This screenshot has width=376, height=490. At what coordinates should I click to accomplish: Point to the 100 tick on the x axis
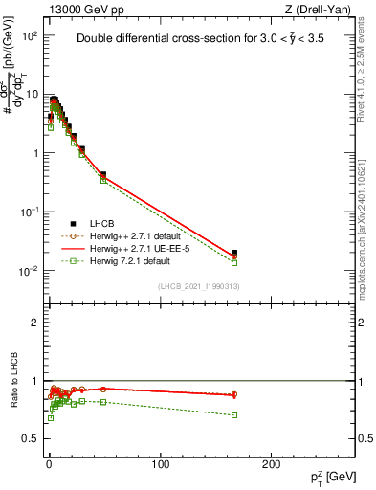(x=161, y=463)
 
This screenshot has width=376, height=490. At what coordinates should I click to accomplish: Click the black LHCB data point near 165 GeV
(x=234, y=254)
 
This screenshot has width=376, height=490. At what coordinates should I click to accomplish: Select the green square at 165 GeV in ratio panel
(x=234, y=414)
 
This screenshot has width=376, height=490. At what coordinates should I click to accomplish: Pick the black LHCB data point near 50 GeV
(x=103, y=175)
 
